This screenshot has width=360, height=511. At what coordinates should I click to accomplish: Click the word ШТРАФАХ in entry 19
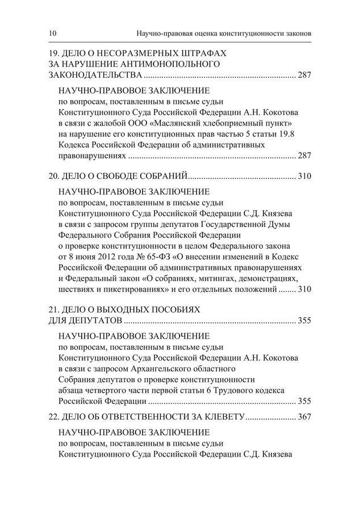204,53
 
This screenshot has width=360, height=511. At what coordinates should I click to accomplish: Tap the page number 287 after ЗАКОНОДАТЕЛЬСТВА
304,74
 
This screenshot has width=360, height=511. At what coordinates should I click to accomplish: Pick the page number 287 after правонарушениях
304,155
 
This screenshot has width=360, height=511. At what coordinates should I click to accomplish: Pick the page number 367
304,417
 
